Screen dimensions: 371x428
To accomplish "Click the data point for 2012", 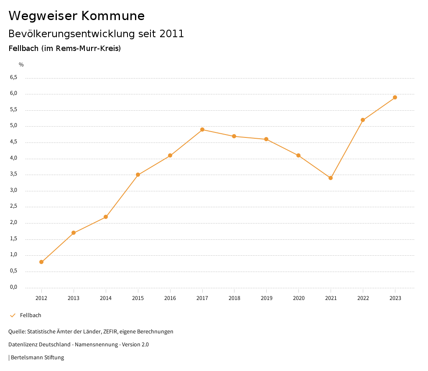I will pos(41,262).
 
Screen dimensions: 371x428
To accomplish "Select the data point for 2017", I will pos(202,130).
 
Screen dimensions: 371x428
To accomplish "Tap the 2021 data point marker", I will pos(331,178).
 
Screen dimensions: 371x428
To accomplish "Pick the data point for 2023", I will pos(395,97).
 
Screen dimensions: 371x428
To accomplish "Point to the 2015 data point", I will pos(138,175).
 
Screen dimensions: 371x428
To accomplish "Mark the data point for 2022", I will pos(363,120).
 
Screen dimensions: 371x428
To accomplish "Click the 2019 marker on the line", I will pos(266,139).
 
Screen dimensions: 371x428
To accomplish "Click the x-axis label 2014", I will pos(106,298).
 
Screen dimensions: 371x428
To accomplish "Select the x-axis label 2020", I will pos(298,298).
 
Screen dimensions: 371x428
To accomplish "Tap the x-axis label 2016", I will pos(170,298).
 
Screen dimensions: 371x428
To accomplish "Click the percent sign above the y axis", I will pos(21,65).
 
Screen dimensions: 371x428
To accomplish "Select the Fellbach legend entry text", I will pos(31,315).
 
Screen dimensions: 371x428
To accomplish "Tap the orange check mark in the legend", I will pos(13,315).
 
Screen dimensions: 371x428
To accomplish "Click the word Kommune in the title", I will pos(113,16).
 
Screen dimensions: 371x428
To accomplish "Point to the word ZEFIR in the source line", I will pos(109,332).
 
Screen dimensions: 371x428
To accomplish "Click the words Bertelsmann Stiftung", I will pos(37,358).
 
